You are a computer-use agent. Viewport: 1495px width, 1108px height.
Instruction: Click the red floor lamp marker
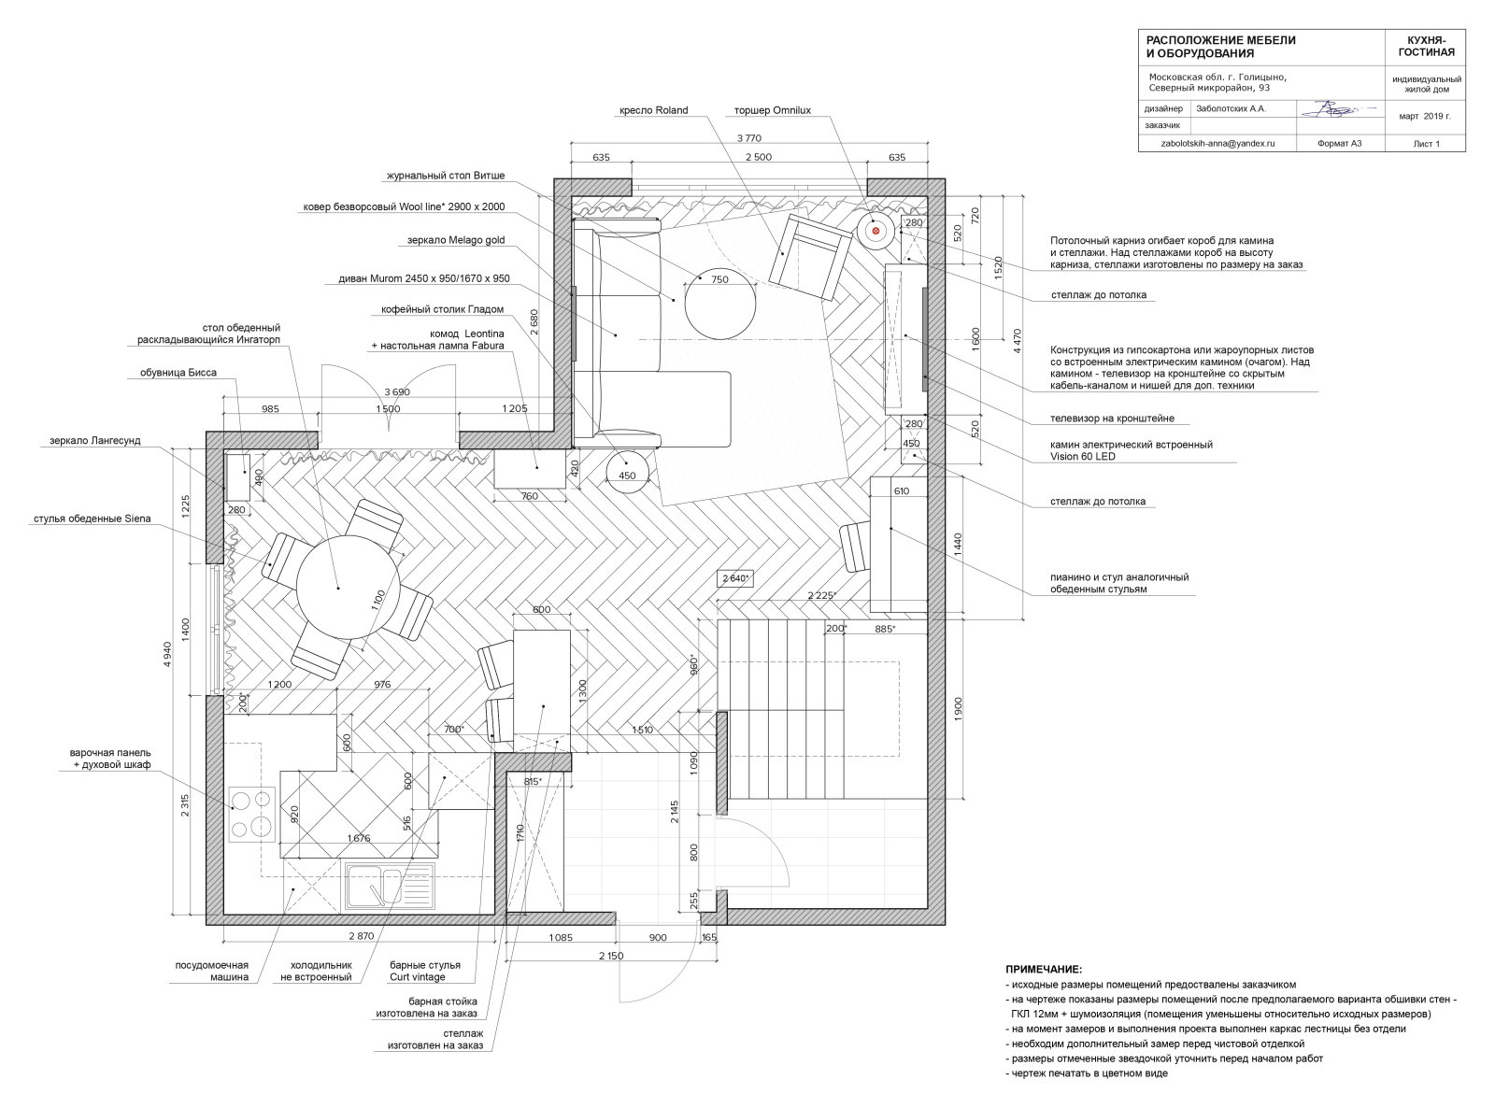click(876, 231)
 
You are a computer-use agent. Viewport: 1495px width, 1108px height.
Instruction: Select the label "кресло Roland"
click(654, 110)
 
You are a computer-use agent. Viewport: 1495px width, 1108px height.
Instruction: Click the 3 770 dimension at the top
click(748, 138)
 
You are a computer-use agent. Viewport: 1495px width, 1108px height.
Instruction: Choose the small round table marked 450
click(628, 471)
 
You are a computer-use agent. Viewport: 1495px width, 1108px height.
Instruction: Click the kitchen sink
click(391, 886)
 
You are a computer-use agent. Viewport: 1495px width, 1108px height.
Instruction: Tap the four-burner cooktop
click(253, 815)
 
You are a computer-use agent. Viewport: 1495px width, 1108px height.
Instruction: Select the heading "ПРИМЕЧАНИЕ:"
click(1044, 970)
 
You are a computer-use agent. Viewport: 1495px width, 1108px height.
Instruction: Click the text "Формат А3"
click(1340, 144)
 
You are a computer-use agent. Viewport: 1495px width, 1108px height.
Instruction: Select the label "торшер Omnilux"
click(773, 110)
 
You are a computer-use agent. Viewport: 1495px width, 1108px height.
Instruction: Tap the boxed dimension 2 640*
click(735, 578)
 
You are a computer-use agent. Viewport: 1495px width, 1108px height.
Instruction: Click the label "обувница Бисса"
click(178, 373)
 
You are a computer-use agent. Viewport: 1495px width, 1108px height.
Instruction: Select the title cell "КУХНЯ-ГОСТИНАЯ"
click(1426, 46)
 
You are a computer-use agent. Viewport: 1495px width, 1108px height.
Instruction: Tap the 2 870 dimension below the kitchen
click(362, 936)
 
